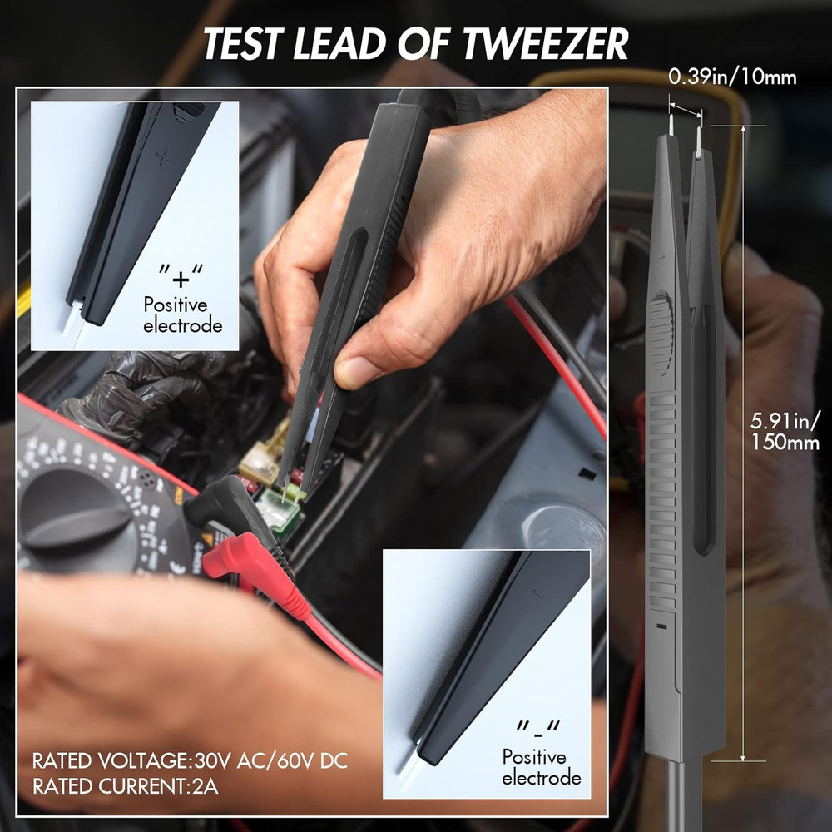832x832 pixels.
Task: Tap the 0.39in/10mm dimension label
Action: tap(732, 78)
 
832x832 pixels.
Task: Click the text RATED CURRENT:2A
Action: tap(125, 785)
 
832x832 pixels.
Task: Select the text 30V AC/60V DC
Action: tap(270, 761)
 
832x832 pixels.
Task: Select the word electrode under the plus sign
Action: tap(183, 325)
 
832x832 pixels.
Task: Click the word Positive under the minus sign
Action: tap(534, 757)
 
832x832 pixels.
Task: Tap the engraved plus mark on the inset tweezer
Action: tap(165, 156)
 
